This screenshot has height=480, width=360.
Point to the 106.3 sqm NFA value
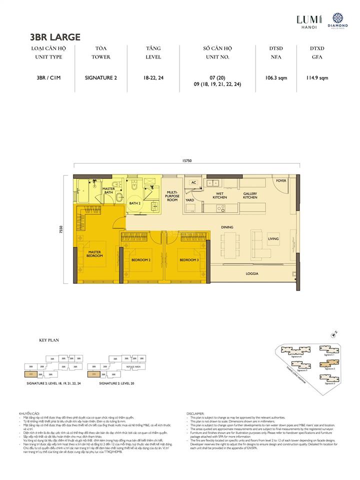(275, 77)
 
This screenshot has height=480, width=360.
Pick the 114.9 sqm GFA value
(317, 77)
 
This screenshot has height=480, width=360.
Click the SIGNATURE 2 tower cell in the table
(100, 77)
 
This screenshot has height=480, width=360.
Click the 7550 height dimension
(60, 230)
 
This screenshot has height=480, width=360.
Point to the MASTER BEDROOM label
(95, 254)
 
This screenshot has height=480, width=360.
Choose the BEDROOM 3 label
(189, 260)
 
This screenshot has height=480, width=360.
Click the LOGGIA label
(252, 273)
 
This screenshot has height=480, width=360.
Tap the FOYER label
(281, 180)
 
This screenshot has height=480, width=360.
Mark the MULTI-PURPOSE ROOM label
(173, 195)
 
